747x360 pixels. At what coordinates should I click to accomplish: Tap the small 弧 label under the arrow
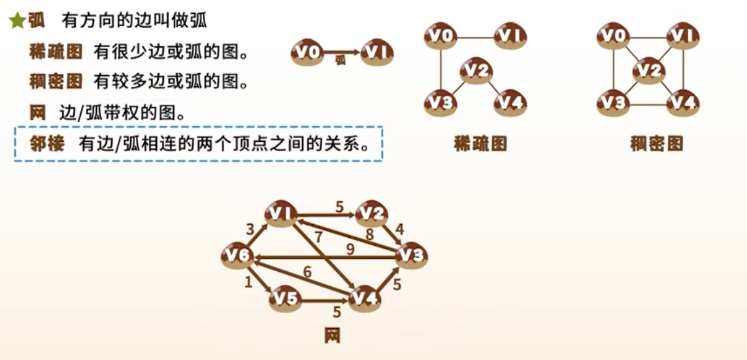340,60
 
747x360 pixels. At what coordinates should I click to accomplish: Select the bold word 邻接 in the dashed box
48,144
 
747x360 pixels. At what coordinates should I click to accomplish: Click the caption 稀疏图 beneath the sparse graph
480,144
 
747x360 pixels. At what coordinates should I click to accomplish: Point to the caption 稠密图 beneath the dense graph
656,144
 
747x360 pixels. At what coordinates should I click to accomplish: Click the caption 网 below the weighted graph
331,336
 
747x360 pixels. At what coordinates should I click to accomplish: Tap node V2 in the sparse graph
479,71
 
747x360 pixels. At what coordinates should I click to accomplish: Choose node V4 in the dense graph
684,102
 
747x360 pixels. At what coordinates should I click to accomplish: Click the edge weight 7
318,237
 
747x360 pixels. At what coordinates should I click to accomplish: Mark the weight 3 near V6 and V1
250,229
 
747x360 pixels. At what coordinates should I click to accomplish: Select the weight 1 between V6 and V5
248,283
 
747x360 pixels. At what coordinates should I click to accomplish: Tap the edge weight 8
369,234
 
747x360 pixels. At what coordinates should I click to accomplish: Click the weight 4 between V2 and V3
400,229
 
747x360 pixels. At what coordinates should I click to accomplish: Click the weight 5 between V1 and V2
339,206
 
